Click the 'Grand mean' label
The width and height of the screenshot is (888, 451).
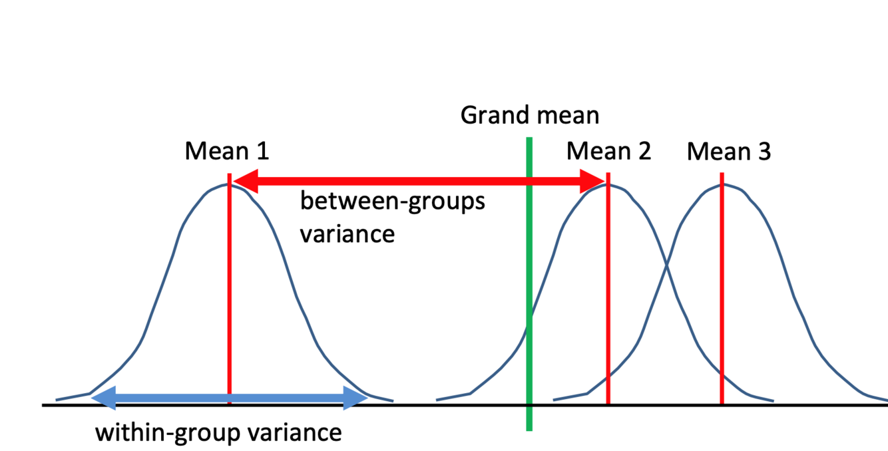(x=530, y=116)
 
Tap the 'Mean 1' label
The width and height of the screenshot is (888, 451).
(x=227, y=152)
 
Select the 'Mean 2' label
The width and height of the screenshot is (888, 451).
(x=608, y=152)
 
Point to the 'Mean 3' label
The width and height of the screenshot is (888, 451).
(x=729, y=152)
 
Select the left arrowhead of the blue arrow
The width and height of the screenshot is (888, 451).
(x=103, y=398)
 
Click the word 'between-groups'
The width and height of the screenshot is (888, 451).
(x=392, y=202)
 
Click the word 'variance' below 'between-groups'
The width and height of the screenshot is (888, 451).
(x=347, y=233)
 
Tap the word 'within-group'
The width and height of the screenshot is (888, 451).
(x=167, y=433)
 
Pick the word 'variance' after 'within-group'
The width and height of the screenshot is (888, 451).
(x=294, y=433)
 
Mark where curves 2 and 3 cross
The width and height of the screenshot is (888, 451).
(x=666, y=267)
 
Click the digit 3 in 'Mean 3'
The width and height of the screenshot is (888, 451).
(x=764, y=152)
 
